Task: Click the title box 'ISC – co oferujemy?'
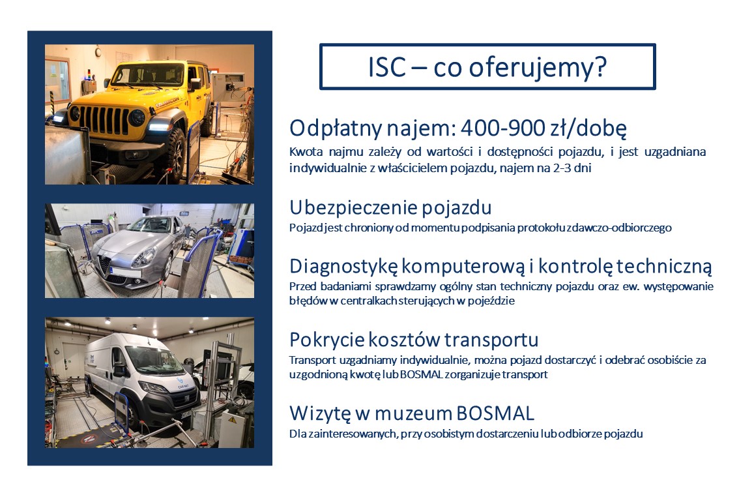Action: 487,67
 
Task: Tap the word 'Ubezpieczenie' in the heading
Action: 351,208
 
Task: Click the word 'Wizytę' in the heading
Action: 320,413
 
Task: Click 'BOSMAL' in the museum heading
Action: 495,413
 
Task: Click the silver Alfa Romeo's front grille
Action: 105,266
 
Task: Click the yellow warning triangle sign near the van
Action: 233,419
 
